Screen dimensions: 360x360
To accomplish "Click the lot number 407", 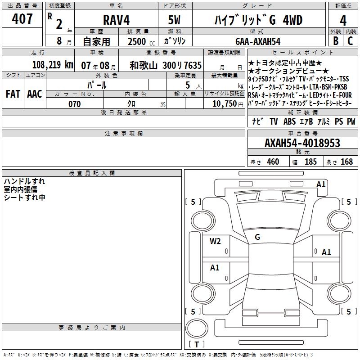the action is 22,18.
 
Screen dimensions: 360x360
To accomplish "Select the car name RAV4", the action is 116,20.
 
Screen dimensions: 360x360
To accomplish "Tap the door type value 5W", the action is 174,20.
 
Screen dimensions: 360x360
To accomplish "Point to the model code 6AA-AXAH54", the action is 258,41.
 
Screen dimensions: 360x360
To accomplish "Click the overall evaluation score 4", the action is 343,21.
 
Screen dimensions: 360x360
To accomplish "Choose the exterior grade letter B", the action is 336,41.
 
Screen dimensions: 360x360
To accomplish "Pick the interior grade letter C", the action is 350,41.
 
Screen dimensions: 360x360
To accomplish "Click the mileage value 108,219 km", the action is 53,65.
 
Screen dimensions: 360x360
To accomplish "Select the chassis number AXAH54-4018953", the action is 302,143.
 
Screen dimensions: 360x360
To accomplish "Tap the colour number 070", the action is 75,104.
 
